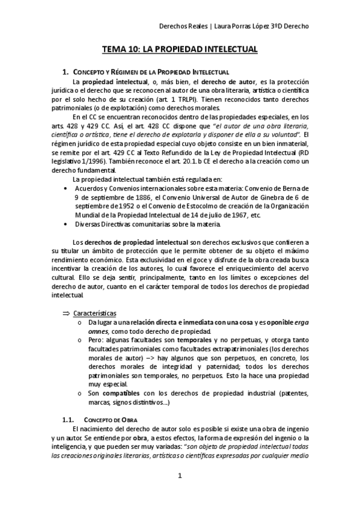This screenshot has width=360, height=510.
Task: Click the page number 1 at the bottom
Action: [x=179, y=476]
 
